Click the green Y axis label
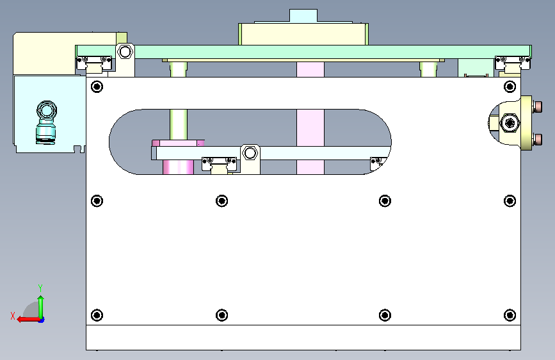[40, 288]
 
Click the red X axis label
[13, 316]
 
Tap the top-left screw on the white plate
[97, 86]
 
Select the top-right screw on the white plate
[510, 86]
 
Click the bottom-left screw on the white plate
[97, 315]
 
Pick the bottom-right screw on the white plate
[510, 315]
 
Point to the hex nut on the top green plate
[125, 52]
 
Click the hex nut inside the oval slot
[250, 153]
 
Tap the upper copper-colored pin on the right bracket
[537, 106]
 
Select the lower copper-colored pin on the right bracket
[537, 139]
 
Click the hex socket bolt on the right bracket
[510, 123]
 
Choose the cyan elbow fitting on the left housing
[46, 122]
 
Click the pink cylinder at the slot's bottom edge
[178, 167]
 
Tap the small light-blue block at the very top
[303, 16]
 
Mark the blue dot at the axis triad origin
[42, 320]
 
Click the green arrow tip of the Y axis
[41, 298]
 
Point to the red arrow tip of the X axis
[19, 320]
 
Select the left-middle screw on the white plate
[97, 201]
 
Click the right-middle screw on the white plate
[510, 201]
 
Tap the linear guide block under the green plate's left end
[94, 65]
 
